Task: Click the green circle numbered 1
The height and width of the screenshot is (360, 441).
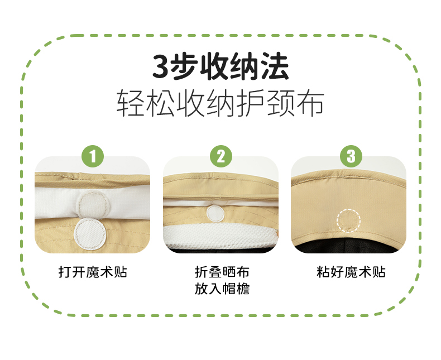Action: (x=93, y=156)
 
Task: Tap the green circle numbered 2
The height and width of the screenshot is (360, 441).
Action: (x=221, y=156)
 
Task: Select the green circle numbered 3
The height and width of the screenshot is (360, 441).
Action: (x=351, y=156)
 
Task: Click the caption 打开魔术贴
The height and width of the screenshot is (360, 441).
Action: (x=93, y=272)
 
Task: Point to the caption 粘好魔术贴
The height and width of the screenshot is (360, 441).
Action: (x=351, y=272)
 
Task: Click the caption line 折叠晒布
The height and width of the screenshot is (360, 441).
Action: (x=222, y=272)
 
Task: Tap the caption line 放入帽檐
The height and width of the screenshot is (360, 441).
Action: (x=222, y=289)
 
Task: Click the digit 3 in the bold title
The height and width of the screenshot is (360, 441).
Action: (x=162, y=67)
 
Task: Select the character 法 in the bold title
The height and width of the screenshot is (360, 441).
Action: (x=275, y=67)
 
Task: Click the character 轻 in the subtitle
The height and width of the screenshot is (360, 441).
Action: (x=131, y=103)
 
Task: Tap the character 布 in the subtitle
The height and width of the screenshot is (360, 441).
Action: (x=310, y=103)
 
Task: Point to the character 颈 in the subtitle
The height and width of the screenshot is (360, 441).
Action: (x=280, y=103)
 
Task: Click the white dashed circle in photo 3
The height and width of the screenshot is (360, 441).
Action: (x=348, y=209)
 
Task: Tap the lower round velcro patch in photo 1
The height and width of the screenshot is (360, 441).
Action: (x=90, y=234)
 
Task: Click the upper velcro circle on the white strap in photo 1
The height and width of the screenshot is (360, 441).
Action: (x=93, y=205)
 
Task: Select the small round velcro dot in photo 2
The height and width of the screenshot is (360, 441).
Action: (x=215, y=213)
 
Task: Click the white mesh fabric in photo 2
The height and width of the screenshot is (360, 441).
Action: (x=220, y=235)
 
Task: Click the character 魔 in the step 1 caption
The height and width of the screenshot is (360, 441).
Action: (x=93, y=272)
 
